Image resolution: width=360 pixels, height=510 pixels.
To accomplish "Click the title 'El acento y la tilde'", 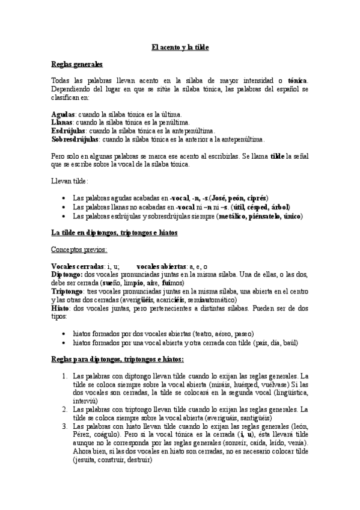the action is pos(180,47).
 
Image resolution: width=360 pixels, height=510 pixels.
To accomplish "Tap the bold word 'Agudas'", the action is pos(63,114).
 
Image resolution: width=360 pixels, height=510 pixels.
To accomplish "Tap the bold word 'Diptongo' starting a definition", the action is pos(67,274).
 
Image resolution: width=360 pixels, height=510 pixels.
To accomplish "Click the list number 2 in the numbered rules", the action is pos(65,409).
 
